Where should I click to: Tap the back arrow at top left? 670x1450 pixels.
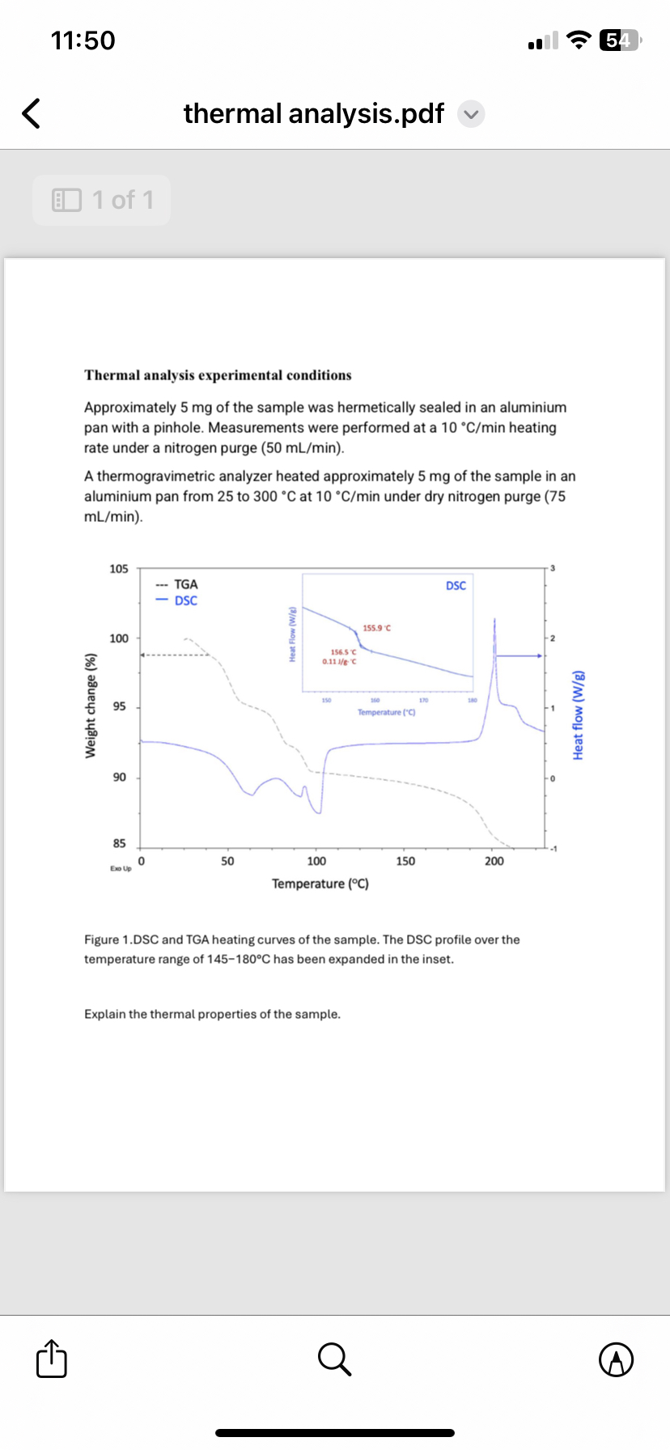[31, 113]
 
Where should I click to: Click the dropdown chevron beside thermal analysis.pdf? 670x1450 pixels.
[471, 114]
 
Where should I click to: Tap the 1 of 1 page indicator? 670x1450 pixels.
[102, 200]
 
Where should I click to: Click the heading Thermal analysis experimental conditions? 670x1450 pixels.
[218, 375]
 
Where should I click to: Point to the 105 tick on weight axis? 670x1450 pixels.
[119, 569]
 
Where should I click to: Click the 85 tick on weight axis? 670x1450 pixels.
[119, 843]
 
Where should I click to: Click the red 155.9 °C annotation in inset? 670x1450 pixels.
[377, 628]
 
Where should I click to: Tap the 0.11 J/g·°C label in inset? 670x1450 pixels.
[339, 661]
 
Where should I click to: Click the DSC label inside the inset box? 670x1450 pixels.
[456, 585]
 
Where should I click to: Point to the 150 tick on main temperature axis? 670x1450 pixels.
[405, 861]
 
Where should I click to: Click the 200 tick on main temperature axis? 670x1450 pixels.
[494, 861]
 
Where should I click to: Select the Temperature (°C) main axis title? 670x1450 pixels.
[320, 884]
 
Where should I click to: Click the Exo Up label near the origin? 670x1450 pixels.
[121, 868]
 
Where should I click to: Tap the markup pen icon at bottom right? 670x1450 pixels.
[617, 1359]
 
